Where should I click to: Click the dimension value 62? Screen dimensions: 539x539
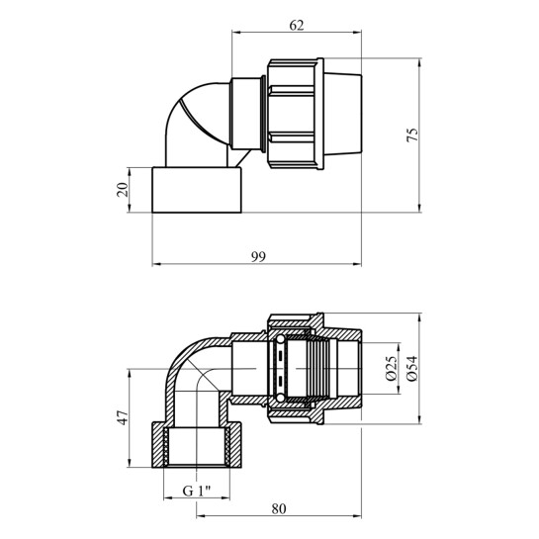click(297, 26)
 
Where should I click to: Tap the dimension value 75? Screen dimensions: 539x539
click(412, 135)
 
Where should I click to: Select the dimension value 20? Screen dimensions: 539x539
click(123, 190)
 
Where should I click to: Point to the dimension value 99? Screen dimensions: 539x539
click(258, 257)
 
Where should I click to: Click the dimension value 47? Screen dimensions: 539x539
click(123, 417)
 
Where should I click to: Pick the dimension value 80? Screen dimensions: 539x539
click(279, 508)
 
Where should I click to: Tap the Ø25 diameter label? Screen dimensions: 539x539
click(392, 368)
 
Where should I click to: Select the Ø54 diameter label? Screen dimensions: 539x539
click(411, 368)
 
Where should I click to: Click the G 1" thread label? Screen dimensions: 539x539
click(197, 492)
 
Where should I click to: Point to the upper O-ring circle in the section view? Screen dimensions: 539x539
click(280, 339)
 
